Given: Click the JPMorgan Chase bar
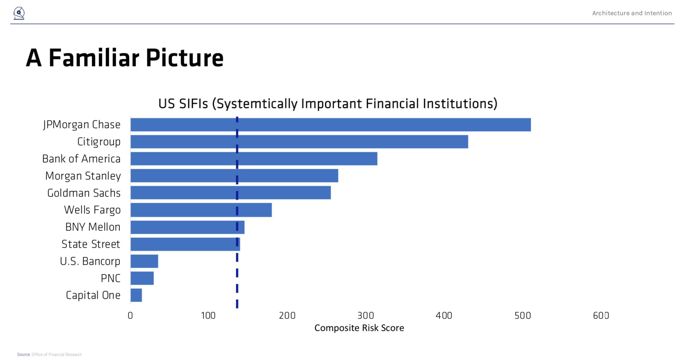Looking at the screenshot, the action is pyautogui.click(x=330, y=125).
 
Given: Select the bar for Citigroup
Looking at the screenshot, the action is pyautogui.click(x=299, y=142).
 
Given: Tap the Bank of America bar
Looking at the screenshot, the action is pyautogui.click(x=254, y=159).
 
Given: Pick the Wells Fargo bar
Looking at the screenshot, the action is pyautogui.click(x=201, y=210).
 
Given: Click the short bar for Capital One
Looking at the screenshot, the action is pyautogui.click(x=136, y=295).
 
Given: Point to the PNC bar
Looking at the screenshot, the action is pyautogui.click(x=142, y=278).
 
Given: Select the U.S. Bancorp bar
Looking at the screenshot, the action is pyautogui.click(x=144, y=261).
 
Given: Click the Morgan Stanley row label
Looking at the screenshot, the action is pyautogui.click(x=83, y=176).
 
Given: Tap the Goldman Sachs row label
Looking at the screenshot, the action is pyautogui.click(x=84, y=193).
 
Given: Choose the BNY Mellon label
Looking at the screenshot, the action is pyautogui.click(x=93, y=227).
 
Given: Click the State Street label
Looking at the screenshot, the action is pyautogui.click(x=91, y=244).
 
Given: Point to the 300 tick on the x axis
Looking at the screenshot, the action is pyautogui.click(x=366, y=316).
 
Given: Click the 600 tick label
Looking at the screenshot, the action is pyautogui.click(x=601, y=316).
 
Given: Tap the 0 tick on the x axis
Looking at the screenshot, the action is pyautogui.click(x=130, y=316).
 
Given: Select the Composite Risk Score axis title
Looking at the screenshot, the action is pyautogui.click(x=359, y=328).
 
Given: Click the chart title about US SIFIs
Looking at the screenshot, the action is pyautogui.click(x=328, y=104).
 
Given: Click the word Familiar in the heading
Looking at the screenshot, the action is pyautogui.click(x=94, y=58).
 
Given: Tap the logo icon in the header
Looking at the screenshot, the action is pyautogui.click(x=19, y=13).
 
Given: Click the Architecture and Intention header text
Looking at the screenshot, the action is pyautogui.click(x=632, y=13).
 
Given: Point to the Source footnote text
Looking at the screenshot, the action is pyautogui.click(x=49, y=355).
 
